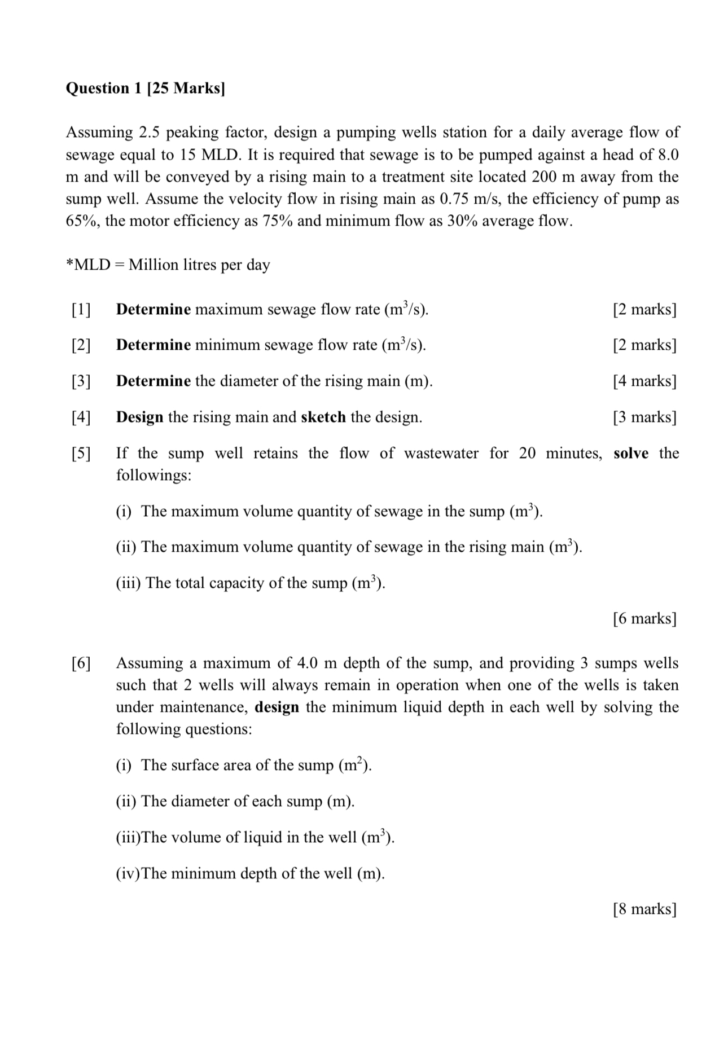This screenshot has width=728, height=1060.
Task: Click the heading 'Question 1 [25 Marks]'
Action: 145,89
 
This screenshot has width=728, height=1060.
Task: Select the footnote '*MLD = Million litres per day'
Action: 168,265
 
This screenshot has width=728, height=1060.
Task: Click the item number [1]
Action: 81,309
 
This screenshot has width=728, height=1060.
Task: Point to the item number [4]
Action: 81,417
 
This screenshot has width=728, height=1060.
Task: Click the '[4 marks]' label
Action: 644,381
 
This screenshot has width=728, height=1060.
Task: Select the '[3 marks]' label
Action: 644,417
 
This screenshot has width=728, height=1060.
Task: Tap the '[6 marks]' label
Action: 644,619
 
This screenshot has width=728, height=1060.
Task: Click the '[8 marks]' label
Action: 644,909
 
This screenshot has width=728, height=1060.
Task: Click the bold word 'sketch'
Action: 323,417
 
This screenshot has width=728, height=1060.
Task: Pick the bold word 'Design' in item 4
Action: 139,417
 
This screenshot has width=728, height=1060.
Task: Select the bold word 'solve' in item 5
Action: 630,453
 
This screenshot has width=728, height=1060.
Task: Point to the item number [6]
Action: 81,663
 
